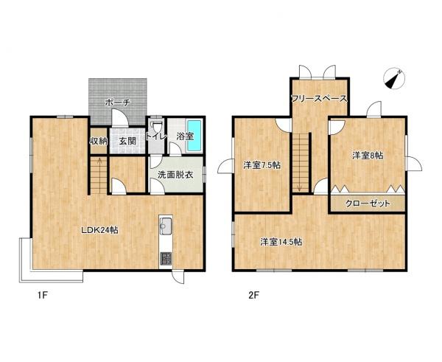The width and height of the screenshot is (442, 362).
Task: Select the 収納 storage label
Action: point(99,141)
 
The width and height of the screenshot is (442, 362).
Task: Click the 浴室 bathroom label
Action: point(184,137)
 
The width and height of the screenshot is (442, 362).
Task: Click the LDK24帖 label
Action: point(99,230)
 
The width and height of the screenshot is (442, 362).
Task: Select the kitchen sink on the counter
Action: point(165,226)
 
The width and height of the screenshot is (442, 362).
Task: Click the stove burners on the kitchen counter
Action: point(165,258)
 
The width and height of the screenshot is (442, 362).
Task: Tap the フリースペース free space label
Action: point(319,98)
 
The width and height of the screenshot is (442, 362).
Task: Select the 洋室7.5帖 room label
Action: point(262,165)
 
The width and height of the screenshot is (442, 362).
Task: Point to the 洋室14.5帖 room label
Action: point(283,241)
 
